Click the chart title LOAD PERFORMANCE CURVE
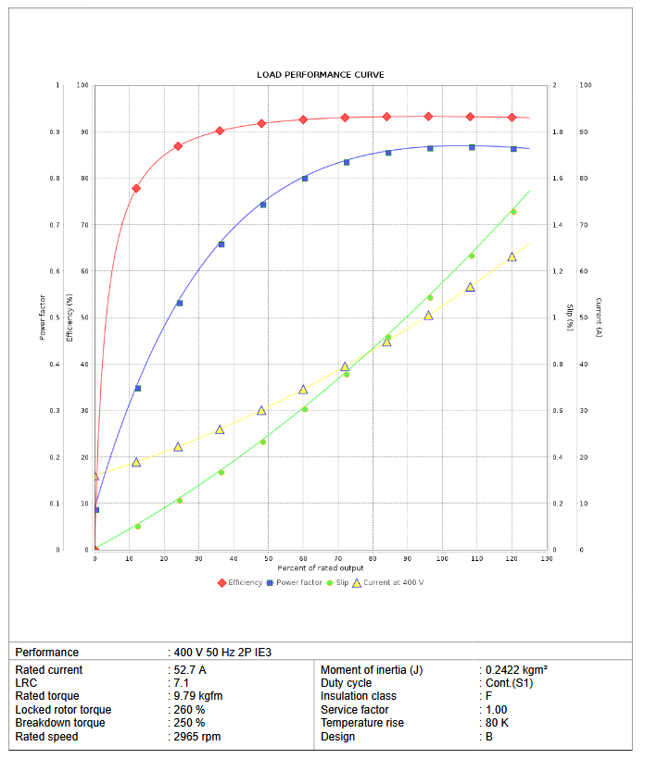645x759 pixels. pyautogui.click(x=320, y=74)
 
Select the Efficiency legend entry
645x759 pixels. pyautogui.click(x=246, y=582)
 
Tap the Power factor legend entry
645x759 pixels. pyautogui.click(x=298, y=582)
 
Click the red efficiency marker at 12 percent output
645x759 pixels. pyautogui.click(x=136, y=188)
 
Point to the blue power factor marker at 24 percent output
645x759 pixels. pyautogui.click(x=180, y=303)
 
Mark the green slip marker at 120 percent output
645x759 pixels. pyautogui.click(x=512, y=212)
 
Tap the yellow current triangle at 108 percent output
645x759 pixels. pyautogui.click(x=470, y=287)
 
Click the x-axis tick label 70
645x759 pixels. pyautogui.click(x=338, y=559)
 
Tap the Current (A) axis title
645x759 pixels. pyautogui.click(x=599, y=317)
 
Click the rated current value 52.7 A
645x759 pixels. pyautogui.click(x=190, y=669)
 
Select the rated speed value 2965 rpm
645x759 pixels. pyautogui.click(x=197, y=737)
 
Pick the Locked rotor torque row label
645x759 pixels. pyautogui.click(x=63, y=710)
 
